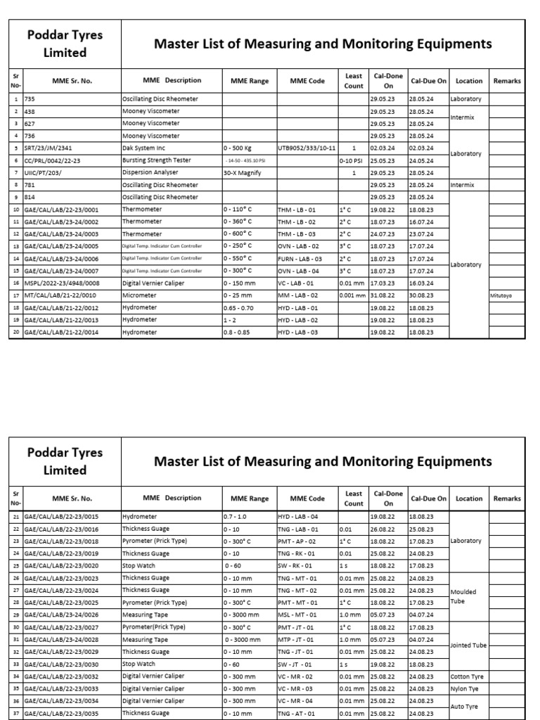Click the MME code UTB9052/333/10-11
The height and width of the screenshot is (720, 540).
(x=307, y=148)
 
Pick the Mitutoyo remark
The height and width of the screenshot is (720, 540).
(x=501, y=296)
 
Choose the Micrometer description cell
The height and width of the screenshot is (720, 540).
(x=139, y=296)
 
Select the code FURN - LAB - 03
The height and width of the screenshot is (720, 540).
(x=300, y=259)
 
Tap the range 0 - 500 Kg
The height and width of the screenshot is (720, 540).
(x=239, y=148)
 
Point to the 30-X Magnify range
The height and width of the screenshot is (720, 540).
(x=243, y=173)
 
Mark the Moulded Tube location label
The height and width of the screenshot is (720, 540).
(x=463, y=596)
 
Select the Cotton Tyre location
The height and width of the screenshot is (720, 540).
(x=468, y=677)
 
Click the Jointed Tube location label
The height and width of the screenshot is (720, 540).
(x=469, y=645)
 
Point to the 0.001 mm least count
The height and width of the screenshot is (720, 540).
(x=354, y=296)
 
